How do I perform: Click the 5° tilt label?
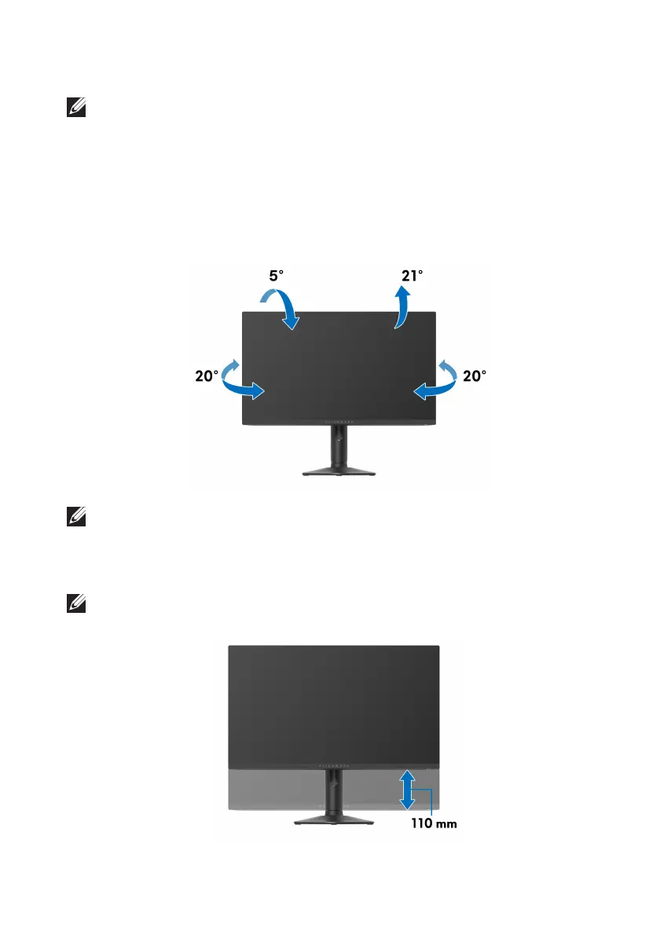click(x=277, y=277)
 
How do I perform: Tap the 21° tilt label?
click(x=412, y=277)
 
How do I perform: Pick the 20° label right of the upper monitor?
click(x=474, y=376)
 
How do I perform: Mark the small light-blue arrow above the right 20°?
click(x=446, y=365)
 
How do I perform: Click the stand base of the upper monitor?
click(x=339, y=472)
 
